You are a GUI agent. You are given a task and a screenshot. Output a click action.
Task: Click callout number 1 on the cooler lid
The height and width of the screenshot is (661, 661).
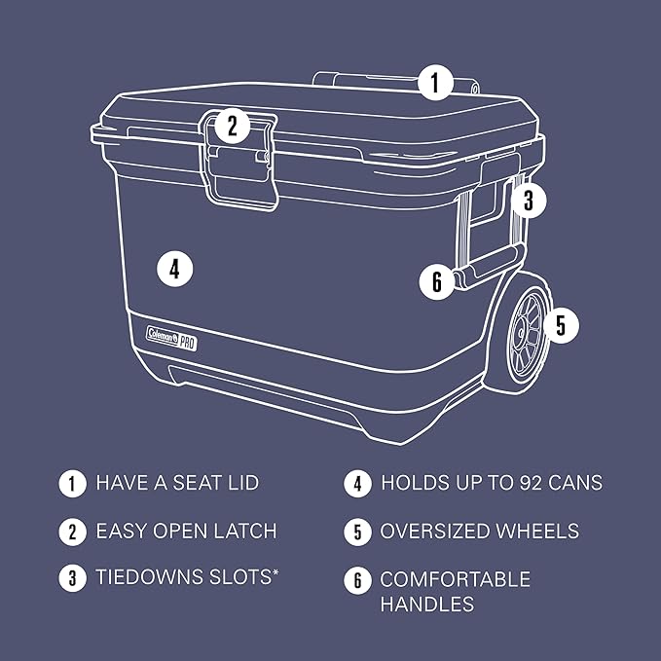coord(436,82)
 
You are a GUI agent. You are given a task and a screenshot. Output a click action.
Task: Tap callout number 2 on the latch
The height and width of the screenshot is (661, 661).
coord(232,125)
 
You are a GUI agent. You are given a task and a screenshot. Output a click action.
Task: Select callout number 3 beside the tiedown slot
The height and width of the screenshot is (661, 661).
coord(528,202)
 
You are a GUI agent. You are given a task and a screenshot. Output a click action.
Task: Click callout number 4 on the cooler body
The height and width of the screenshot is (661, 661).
coord(174,268)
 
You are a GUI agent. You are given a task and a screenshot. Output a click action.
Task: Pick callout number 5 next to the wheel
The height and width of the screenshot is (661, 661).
coord(560,324)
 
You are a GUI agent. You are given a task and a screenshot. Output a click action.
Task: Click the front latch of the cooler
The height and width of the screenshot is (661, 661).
coord(239,161)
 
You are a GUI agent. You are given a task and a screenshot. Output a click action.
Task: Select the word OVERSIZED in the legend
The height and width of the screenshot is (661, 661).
coord(438,532)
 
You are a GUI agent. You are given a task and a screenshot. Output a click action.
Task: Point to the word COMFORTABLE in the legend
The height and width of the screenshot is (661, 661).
coord(455,580)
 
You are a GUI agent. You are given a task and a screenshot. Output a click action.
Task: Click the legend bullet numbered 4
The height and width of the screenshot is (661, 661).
coord(356,483)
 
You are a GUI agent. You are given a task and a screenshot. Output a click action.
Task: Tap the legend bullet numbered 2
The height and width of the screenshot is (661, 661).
coord(71,532)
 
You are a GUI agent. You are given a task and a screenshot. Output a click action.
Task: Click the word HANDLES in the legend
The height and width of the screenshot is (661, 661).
coord(426,605)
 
